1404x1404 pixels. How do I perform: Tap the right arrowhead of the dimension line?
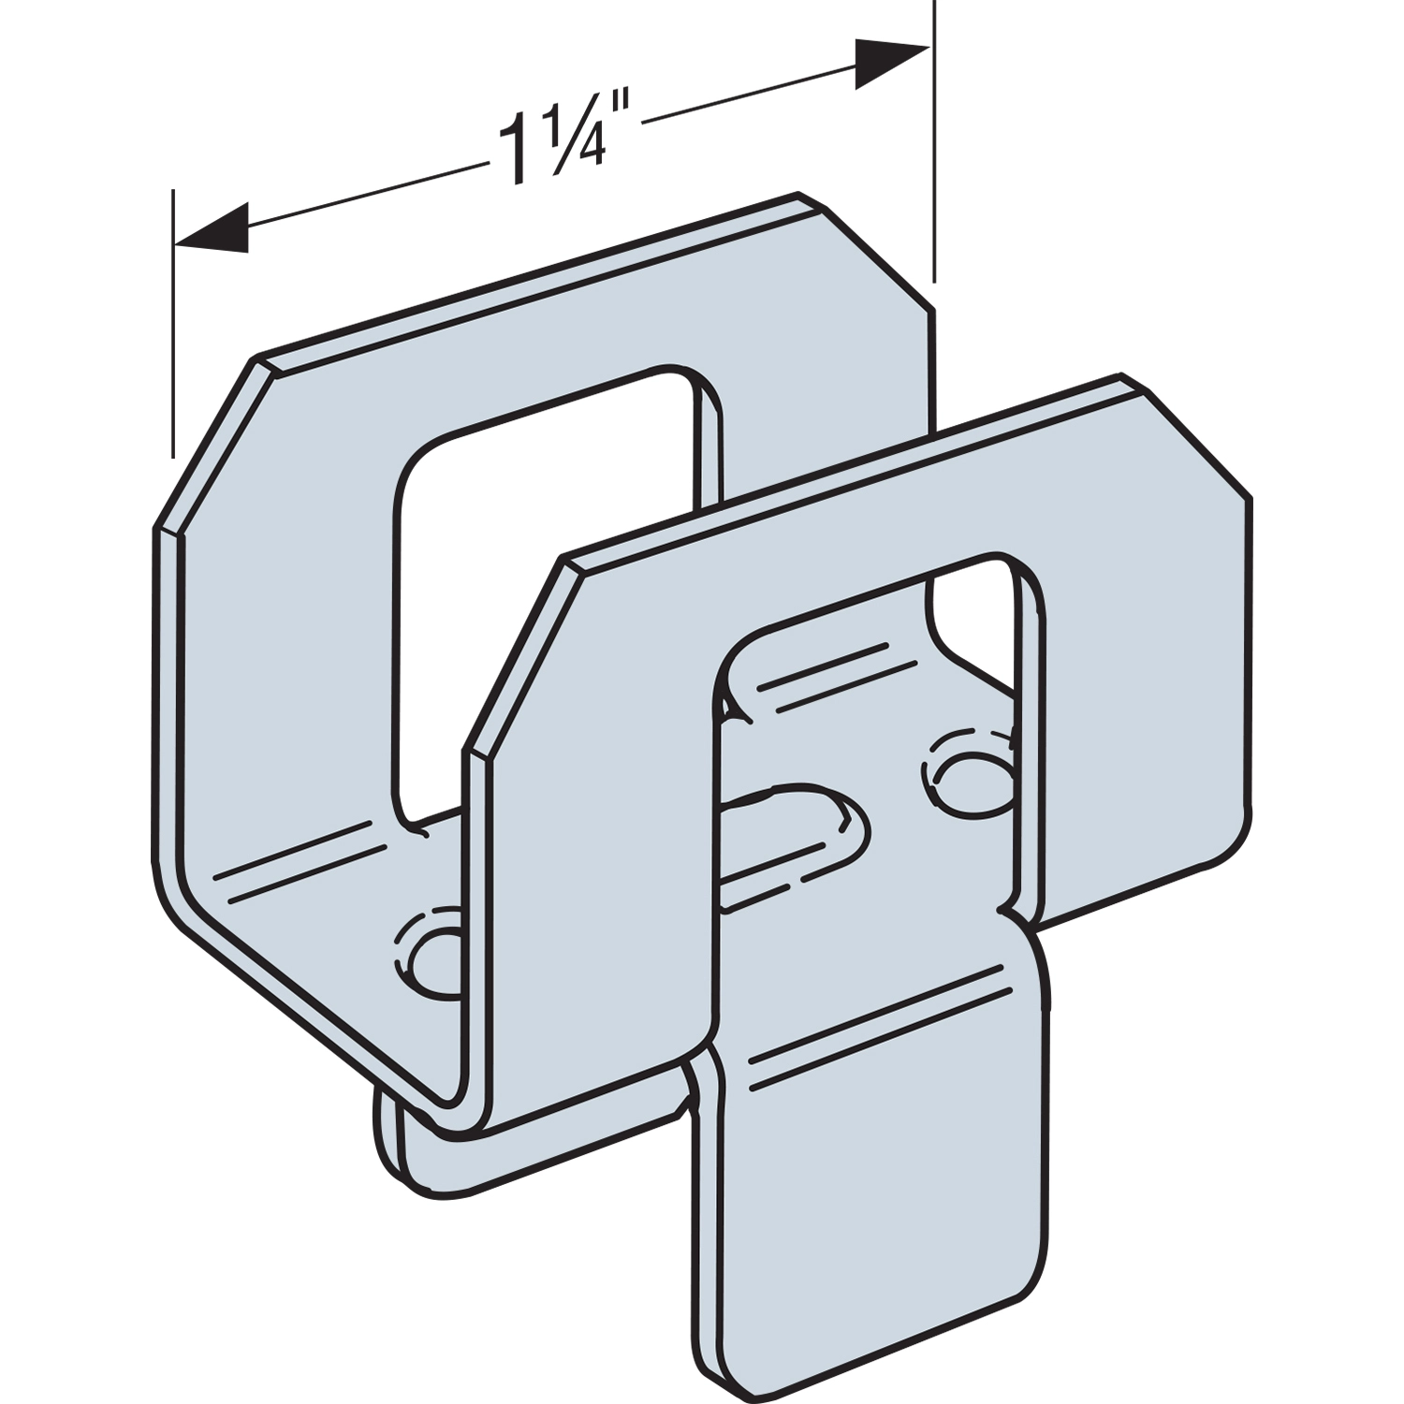pyautogui.click(x=892, y=63)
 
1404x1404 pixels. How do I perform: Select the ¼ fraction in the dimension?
pyautogui.click(x=567, y=142)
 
